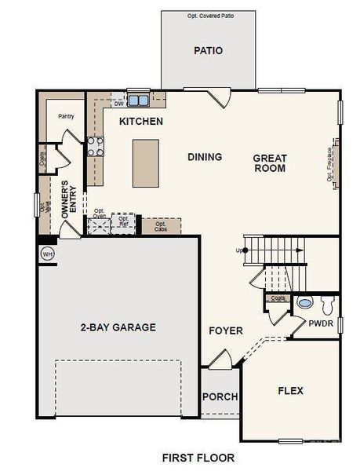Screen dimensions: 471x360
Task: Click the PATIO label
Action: point(209,51)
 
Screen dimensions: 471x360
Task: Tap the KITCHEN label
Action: point(141,122)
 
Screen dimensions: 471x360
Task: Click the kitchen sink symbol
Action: point(139,100)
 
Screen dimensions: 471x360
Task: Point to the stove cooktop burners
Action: point(95,145)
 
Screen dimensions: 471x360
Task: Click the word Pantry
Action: point(66,116)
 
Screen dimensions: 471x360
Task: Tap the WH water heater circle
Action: point(47,254)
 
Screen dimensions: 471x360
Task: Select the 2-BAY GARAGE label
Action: point(118,327)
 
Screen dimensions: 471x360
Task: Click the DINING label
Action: point(205,157)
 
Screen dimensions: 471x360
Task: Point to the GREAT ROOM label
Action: point(269,163)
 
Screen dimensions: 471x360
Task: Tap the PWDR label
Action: point(322,322)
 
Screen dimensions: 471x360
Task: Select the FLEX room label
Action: point(290,390)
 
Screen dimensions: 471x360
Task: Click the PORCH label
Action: point(220,396)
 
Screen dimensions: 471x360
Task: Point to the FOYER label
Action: point(226,330)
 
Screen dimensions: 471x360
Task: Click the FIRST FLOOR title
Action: point(198,456)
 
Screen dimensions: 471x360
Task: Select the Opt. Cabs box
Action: point(161,226)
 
